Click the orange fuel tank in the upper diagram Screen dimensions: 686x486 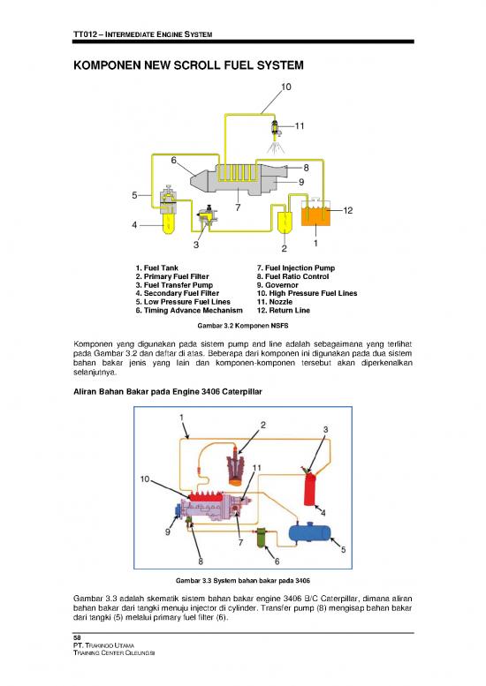(315, 215)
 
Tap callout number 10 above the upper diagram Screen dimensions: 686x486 (287, 87)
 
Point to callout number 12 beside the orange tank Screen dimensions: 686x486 (348, 210)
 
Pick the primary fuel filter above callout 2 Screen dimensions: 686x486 (285, 225)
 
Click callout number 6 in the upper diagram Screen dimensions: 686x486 (176, 160)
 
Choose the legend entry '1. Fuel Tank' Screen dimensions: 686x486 (157, 268)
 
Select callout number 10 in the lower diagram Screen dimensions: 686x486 (143, 479)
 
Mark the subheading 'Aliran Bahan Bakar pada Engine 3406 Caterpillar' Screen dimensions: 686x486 (165, 390)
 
